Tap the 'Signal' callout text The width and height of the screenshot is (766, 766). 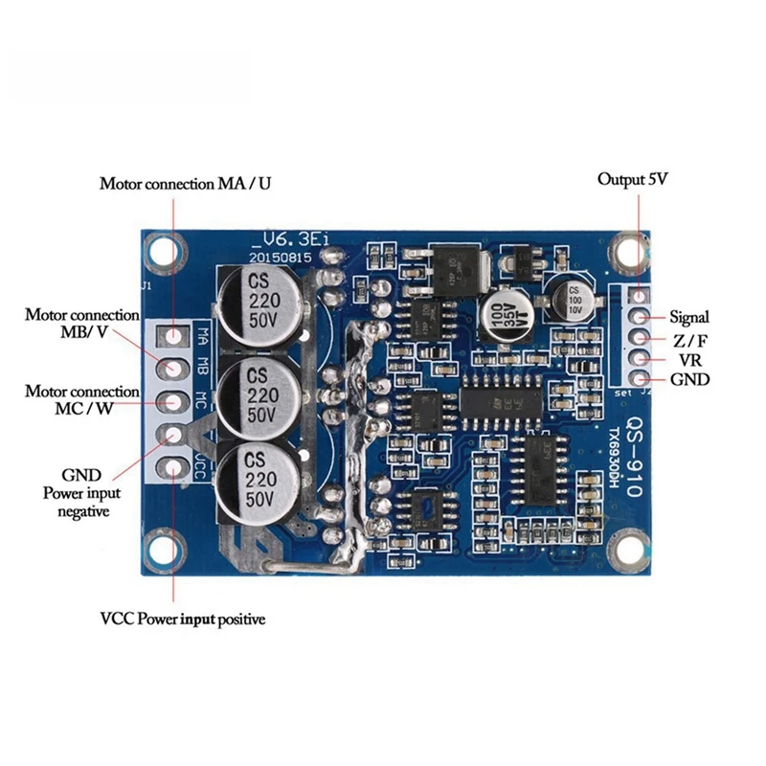[689, 317]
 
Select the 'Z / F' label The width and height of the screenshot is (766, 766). [689, 339]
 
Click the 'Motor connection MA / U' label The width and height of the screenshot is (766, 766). [186, 184]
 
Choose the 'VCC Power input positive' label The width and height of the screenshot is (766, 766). [183, 619]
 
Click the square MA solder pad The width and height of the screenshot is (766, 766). [174, 336]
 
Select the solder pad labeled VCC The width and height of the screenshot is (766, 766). [173, 468]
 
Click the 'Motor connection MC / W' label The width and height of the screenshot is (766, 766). [82, 401]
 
